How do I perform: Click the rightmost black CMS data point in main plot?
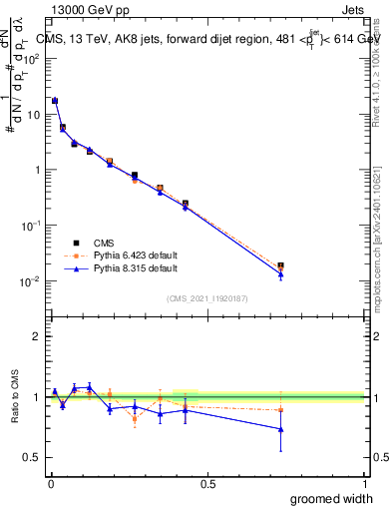point(281,265)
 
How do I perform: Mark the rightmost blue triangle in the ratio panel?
point(281,429)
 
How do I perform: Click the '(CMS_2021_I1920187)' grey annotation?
point(206,297)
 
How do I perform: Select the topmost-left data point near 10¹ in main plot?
point(54,101)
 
